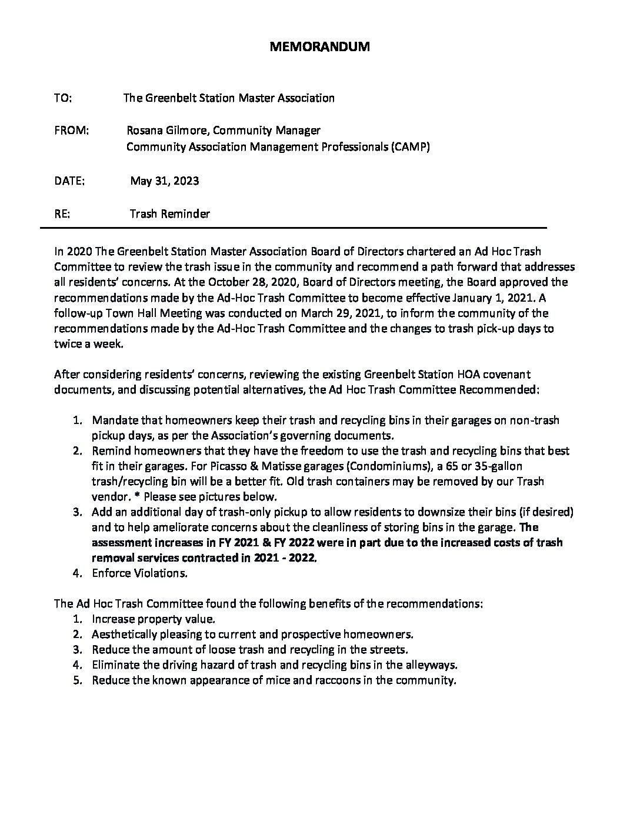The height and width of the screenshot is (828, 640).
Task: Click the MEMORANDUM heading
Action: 319,48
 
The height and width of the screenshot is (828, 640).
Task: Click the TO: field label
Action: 63,98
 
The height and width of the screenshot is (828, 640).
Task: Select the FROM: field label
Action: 71,130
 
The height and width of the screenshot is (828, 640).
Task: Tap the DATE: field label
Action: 69,181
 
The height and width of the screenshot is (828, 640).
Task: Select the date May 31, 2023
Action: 164,181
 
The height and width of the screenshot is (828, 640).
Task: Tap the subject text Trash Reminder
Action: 169,214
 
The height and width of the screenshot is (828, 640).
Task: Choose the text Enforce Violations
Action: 139,573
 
